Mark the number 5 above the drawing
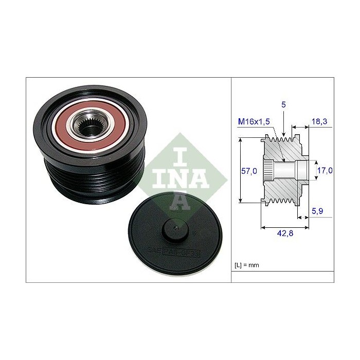pos(283,105)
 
